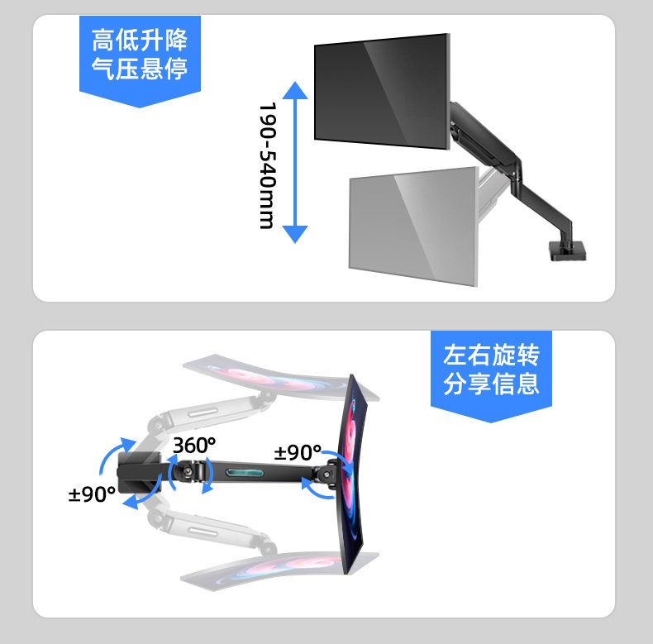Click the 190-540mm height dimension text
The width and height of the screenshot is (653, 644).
point(266,165)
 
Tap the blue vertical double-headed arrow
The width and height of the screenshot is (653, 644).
point(295,161)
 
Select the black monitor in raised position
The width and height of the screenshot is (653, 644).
point(381,90)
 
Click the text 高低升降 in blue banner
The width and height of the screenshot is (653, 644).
point(140,39)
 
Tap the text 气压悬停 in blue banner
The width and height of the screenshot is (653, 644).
point(140,68)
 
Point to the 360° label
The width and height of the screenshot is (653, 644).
point(193,445)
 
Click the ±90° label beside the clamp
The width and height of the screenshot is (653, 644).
point(91,494)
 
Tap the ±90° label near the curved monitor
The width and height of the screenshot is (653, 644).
point(298,452)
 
